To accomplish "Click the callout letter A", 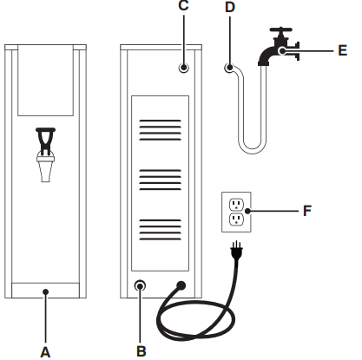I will pyautogui.click(x=46, y=351).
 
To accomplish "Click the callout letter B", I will pyautogui.click(x=141, y=351).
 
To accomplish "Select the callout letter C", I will pyautogui.click(x=181, y=8).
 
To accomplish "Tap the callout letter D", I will pyautogui.click(x=229, y=8).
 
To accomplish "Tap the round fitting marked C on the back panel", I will pyautogui.click(x=183, y=68).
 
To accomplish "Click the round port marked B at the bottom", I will pyautogui.click(x=141, y=285).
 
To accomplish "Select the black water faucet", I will pyautogui.click(x=276, y=52).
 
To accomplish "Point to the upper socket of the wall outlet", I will pyautogui.click(x=235, y=204).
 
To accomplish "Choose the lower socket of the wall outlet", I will pyautogui.click(x=235, y=220).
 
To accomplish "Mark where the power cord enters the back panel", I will pyautogui.click(x=181, y=284).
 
